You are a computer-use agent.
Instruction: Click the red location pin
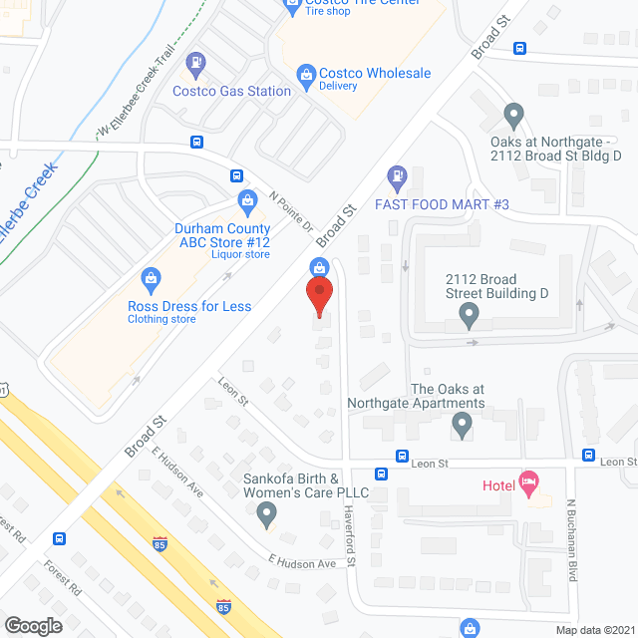point(318,296)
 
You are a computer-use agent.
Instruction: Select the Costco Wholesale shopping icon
point(306,74)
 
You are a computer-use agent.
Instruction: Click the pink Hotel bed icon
point(528,484)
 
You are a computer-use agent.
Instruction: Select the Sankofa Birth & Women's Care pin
point(266,515)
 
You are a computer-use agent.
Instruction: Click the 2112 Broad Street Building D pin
point(469,317)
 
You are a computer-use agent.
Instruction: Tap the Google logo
point(33,625)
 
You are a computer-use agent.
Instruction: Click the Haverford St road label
point(351,533)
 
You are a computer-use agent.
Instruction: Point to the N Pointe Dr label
point(291,210)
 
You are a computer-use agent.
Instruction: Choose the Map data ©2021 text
point(593,630)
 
